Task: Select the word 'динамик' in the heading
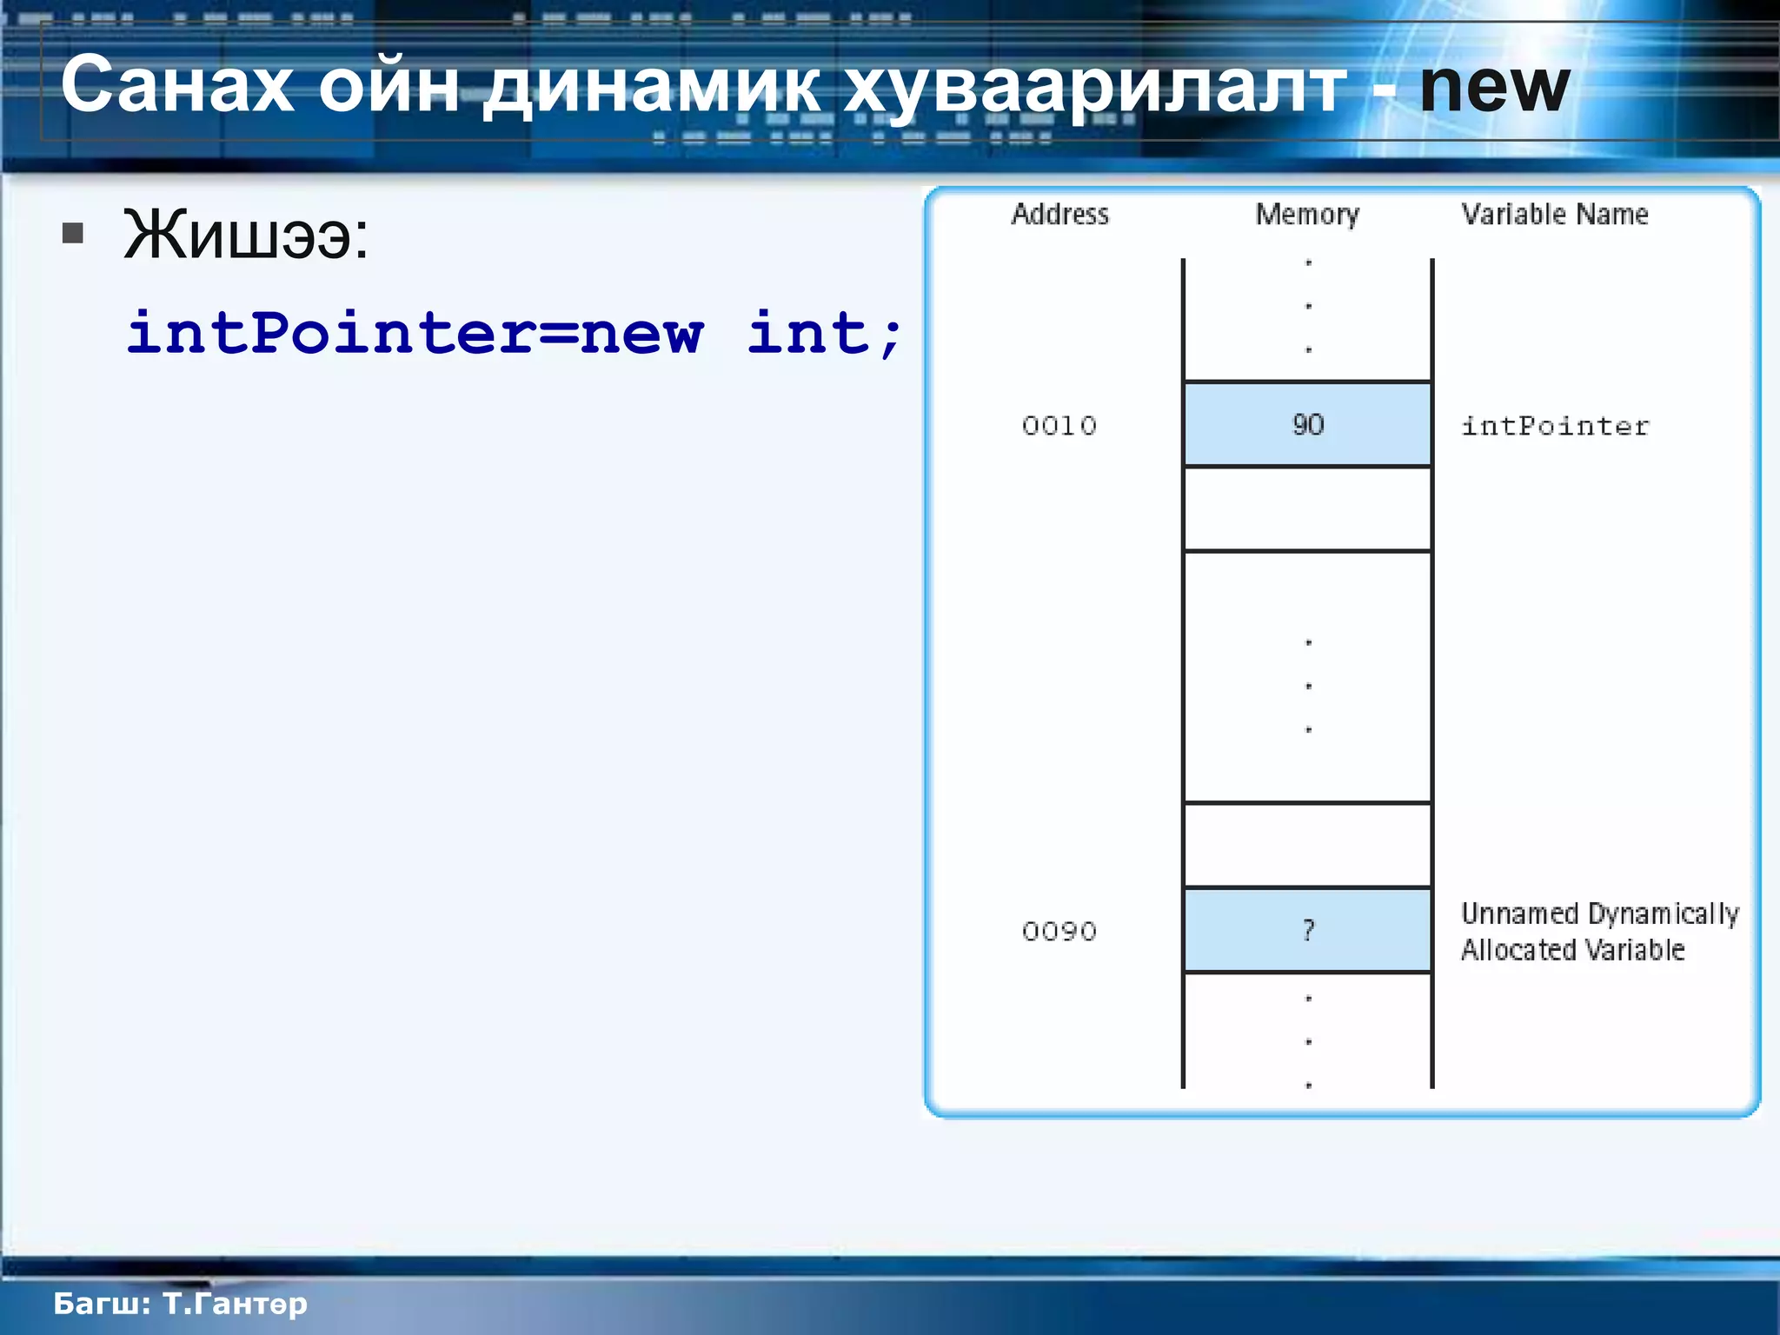(651, 88)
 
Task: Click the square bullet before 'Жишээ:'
(73, 233)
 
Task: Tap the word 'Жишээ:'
(246, 235)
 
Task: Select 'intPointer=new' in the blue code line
(415, 333)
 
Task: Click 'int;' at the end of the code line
(825, 333)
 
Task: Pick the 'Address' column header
(1059, 214)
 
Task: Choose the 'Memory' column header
(1307, 215)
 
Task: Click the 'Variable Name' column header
(1554, 214)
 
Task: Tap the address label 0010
(1059, 426)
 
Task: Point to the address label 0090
(1059, 932)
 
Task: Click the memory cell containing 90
(1307, 425)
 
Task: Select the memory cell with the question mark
(1307, 930)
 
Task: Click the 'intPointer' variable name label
(1554, 426)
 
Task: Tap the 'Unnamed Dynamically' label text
(1599, 913)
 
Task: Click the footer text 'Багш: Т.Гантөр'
(180, 1304)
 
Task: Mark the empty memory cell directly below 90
(1307, 509)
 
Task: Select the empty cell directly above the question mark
(1307, 845)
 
